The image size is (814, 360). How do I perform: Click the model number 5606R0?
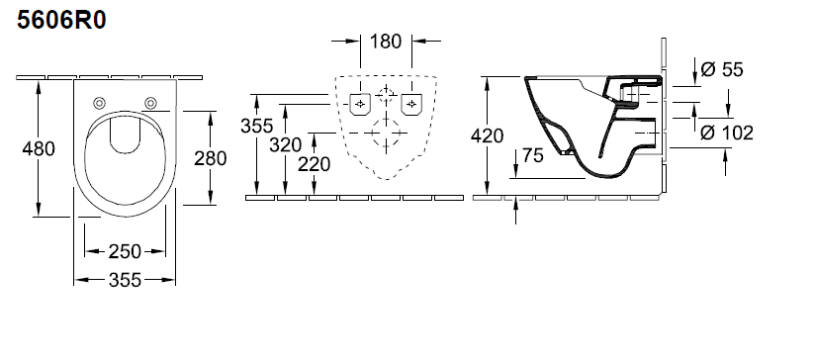(x=61, y=20)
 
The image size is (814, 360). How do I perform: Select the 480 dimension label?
(x=39, y=149)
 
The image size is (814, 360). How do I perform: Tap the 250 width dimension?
(x=125, y=251)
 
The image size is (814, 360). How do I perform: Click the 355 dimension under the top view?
(x=125, y=280)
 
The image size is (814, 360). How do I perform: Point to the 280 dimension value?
(x=211, y=158)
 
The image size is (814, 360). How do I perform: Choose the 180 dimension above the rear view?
(x=386, y=41)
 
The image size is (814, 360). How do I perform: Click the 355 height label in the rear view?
(x=256, y=126)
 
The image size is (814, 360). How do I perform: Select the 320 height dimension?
(x=285, y=144)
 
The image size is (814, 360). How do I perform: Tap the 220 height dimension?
(x=315, y=164)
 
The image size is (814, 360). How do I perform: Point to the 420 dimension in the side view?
(x=487, y=135)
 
